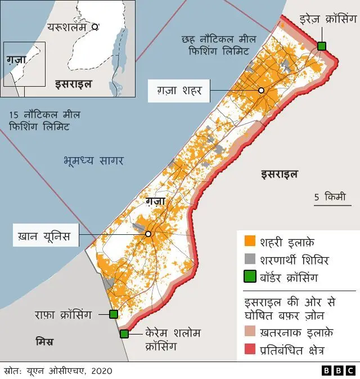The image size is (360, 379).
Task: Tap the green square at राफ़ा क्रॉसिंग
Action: pos(114,314)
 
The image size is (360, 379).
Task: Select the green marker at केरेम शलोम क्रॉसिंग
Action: pos(124,333)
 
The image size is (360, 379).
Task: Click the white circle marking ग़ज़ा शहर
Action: pos(261,91)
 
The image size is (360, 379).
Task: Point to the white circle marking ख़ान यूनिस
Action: pos(148,233)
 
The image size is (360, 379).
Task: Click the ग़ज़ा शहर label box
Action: pos(178,90)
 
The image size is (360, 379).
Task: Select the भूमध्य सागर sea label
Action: pos(93,161)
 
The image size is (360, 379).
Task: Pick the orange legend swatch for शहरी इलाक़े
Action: pos(250,242)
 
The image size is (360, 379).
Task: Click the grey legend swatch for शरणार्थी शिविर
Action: pos(250,260)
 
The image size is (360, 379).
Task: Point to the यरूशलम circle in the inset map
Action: pos(95,26)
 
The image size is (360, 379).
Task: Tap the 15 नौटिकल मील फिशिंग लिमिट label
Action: pos(44,121)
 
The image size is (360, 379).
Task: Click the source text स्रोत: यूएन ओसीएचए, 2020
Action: pos(58,371)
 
